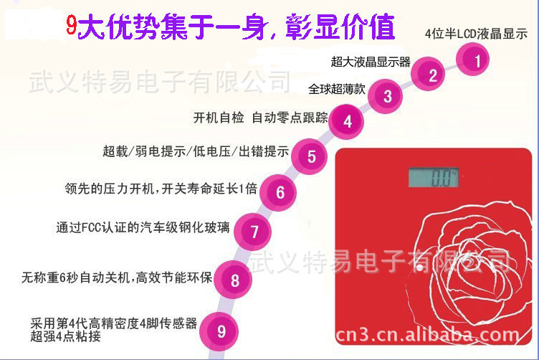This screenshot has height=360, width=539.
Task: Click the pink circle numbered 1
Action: pos(472,59)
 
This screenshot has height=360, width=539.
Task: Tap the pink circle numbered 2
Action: pos(428,74)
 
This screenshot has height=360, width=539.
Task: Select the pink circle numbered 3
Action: pos(385,96)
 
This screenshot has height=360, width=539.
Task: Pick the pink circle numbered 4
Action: pos(345,121)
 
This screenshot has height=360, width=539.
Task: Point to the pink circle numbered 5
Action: pos(309,156)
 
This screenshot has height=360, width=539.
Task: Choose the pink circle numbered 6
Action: pos(278,193)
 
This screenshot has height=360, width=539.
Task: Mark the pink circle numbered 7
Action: pos(252,232)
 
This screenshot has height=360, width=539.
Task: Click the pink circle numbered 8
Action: pos(233,280)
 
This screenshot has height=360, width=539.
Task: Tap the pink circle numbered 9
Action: pos(219,331)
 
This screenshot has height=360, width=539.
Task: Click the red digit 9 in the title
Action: pos(71,25)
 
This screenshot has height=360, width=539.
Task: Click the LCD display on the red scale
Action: pos(433,177)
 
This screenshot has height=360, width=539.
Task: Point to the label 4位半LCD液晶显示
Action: pos(476,34)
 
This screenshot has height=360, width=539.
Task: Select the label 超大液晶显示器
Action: pos(371,62)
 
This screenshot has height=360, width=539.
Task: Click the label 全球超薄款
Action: pos(337,89)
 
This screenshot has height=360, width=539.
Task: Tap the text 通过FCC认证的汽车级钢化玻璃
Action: pos(143,227)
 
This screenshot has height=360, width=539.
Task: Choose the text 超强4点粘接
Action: pos(65,336)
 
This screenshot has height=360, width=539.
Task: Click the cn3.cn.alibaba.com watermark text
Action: pos(427,335)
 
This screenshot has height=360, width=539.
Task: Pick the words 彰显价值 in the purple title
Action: pos(340,27)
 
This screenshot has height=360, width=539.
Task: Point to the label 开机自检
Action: pos(219,118)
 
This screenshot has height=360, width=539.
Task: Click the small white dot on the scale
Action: pos(420,267)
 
